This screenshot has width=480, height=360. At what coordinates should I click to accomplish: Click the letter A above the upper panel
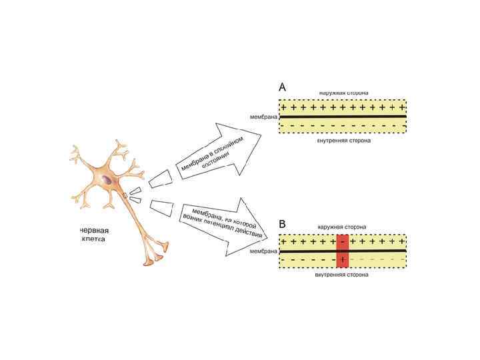click(x=283, y=87)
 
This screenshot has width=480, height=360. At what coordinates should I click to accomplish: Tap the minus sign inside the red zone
click(x=343, y=242)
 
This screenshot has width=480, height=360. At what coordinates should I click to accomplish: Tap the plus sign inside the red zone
click(x=343, y=259)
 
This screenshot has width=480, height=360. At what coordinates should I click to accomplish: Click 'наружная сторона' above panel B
click(x=342, y=227)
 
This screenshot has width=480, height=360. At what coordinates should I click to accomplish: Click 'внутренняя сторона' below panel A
click(x=344, y=141)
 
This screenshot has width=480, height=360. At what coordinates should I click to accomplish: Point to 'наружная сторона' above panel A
click(x=343, y=92)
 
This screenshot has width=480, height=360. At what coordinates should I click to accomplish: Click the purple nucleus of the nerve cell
click(x=107, y=179)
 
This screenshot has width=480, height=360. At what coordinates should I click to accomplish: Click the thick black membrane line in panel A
click(x=343, y=116)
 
